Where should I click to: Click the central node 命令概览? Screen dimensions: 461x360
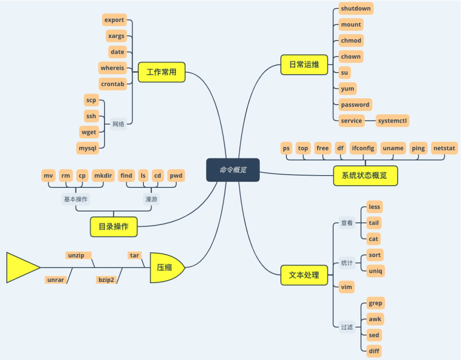[233, 170]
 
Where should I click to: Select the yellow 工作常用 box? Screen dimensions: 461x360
[162, 72]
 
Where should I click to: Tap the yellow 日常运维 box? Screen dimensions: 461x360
[304, 65]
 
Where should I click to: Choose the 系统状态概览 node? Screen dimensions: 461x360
[365, 176]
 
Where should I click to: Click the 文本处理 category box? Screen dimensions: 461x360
[304, 275]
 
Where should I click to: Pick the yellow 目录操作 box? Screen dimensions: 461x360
[114, 227]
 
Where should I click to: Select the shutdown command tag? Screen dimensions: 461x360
[356, 9]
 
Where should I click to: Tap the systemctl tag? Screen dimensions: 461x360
[393, 120]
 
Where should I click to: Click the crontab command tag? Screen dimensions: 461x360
[113, 84]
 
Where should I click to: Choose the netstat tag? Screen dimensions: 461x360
[444, 148]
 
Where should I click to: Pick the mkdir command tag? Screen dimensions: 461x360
[103, 176]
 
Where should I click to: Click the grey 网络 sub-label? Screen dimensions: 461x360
[118, 124]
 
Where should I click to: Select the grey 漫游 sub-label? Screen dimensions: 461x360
[152, 199]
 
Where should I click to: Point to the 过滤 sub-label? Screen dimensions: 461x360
[347, 327]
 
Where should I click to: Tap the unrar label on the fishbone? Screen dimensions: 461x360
[55, 280]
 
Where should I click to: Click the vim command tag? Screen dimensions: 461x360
[347, 287]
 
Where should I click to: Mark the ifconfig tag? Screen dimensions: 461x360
[363, 148]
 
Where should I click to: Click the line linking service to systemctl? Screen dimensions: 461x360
[370, 120]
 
